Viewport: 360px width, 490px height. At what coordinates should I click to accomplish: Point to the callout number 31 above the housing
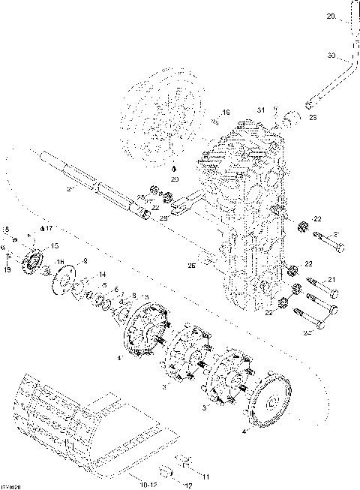[x=262, y=111]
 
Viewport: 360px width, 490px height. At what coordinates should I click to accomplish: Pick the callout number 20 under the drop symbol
[x=174, y=180]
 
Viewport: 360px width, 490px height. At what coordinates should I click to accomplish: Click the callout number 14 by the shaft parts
[x=101, y=275]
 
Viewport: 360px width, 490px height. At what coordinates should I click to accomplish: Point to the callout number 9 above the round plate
[x=85, y=261]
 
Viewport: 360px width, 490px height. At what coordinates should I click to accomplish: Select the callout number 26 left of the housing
[x=192, y=264]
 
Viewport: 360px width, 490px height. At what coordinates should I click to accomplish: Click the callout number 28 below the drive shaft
[x=163, y=217]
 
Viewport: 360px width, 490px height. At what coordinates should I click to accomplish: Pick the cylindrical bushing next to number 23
[x=293, y=117]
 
